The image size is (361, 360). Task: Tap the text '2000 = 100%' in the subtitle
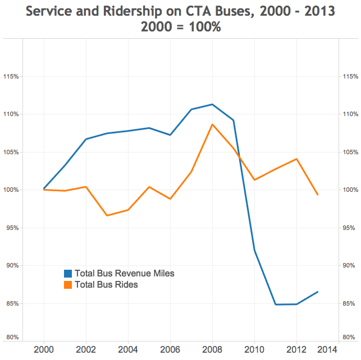(181, 27)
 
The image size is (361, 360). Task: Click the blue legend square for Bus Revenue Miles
(68, 274)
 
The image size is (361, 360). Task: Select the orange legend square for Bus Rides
(68, 285)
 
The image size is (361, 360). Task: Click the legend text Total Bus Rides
(106, 285)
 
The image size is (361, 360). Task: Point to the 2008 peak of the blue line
(212, 104)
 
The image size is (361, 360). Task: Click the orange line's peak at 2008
(212, 124)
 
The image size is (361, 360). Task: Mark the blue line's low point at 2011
(276, 304)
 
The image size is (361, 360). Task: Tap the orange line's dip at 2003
(107, 215)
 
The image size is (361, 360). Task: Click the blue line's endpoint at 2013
(318, 292)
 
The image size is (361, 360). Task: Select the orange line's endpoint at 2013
(318, 195)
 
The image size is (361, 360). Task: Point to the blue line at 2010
(254, 251)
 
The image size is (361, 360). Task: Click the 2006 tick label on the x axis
(170, 349)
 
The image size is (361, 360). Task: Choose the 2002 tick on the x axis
(85, 349)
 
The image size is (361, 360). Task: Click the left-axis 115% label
(12, 76)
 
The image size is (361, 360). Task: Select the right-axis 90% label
(349, 266)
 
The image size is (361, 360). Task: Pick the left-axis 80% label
(12, 337)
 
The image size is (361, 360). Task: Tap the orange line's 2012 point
(296, 159)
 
